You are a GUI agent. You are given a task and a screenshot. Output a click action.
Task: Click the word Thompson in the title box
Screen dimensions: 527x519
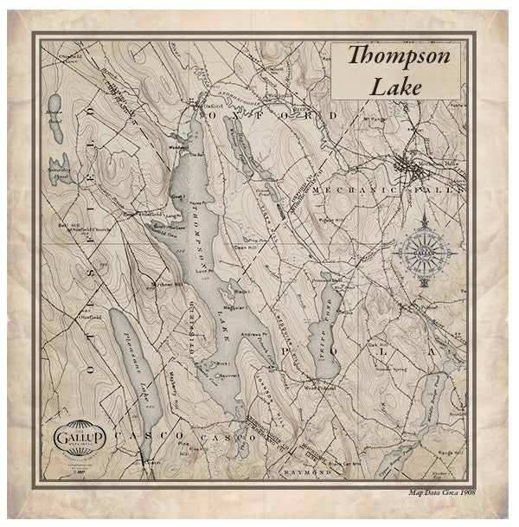click(399, 57)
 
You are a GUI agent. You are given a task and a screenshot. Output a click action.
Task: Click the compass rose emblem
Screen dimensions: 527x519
click(425, 252)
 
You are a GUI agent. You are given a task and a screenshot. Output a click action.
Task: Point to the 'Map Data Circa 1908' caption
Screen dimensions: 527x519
click(440, 492)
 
